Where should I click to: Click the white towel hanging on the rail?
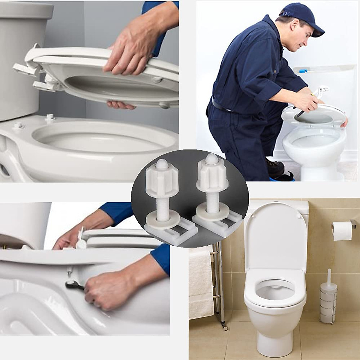[201, 285]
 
